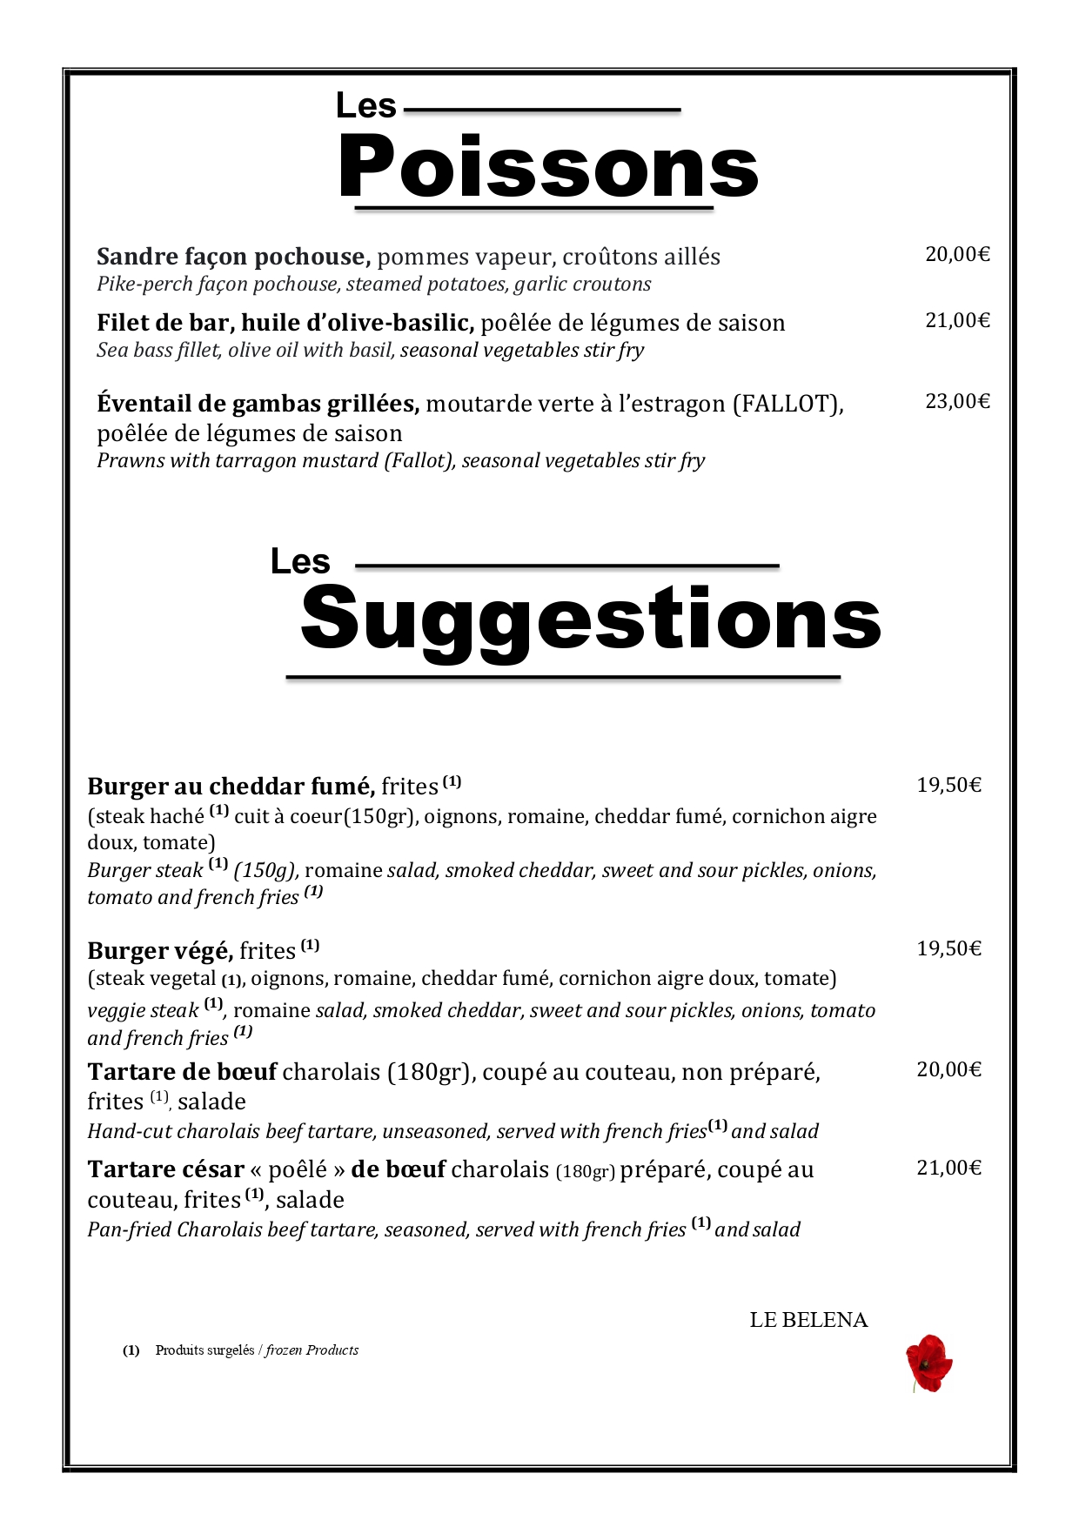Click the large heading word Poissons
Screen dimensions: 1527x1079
point(548,168)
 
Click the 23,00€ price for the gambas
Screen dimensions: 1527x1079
point(957,401)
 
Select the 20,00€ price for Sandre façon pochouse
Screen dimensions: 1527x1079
point(957,254)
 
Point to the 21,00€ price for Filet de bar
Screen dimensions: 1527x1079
point(957,320)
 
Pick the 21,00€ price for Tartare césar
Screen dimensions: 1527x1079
point(948,1168)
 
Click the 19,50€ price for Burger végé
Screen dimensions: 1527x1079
point(948,948)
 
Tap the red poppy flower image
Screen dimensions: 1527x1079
point(928,1363)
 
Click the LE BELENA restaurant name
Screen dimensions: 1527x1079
point(808,1320)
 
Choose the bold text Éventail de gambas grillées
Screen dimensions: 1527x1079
point(258,404)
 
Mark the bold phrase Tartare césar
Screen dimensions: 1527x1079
point(165,1169)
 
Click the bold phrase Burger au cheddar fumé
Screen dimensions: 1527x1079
point(231,787)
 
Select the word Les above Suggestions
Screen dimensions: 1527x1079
point(300,561)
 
